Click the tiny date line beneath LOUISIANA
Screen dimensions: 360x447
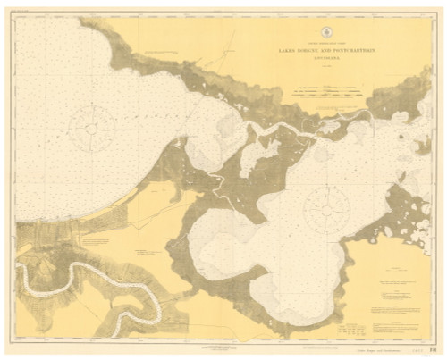pyautogui.click(x=325, y=68)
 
